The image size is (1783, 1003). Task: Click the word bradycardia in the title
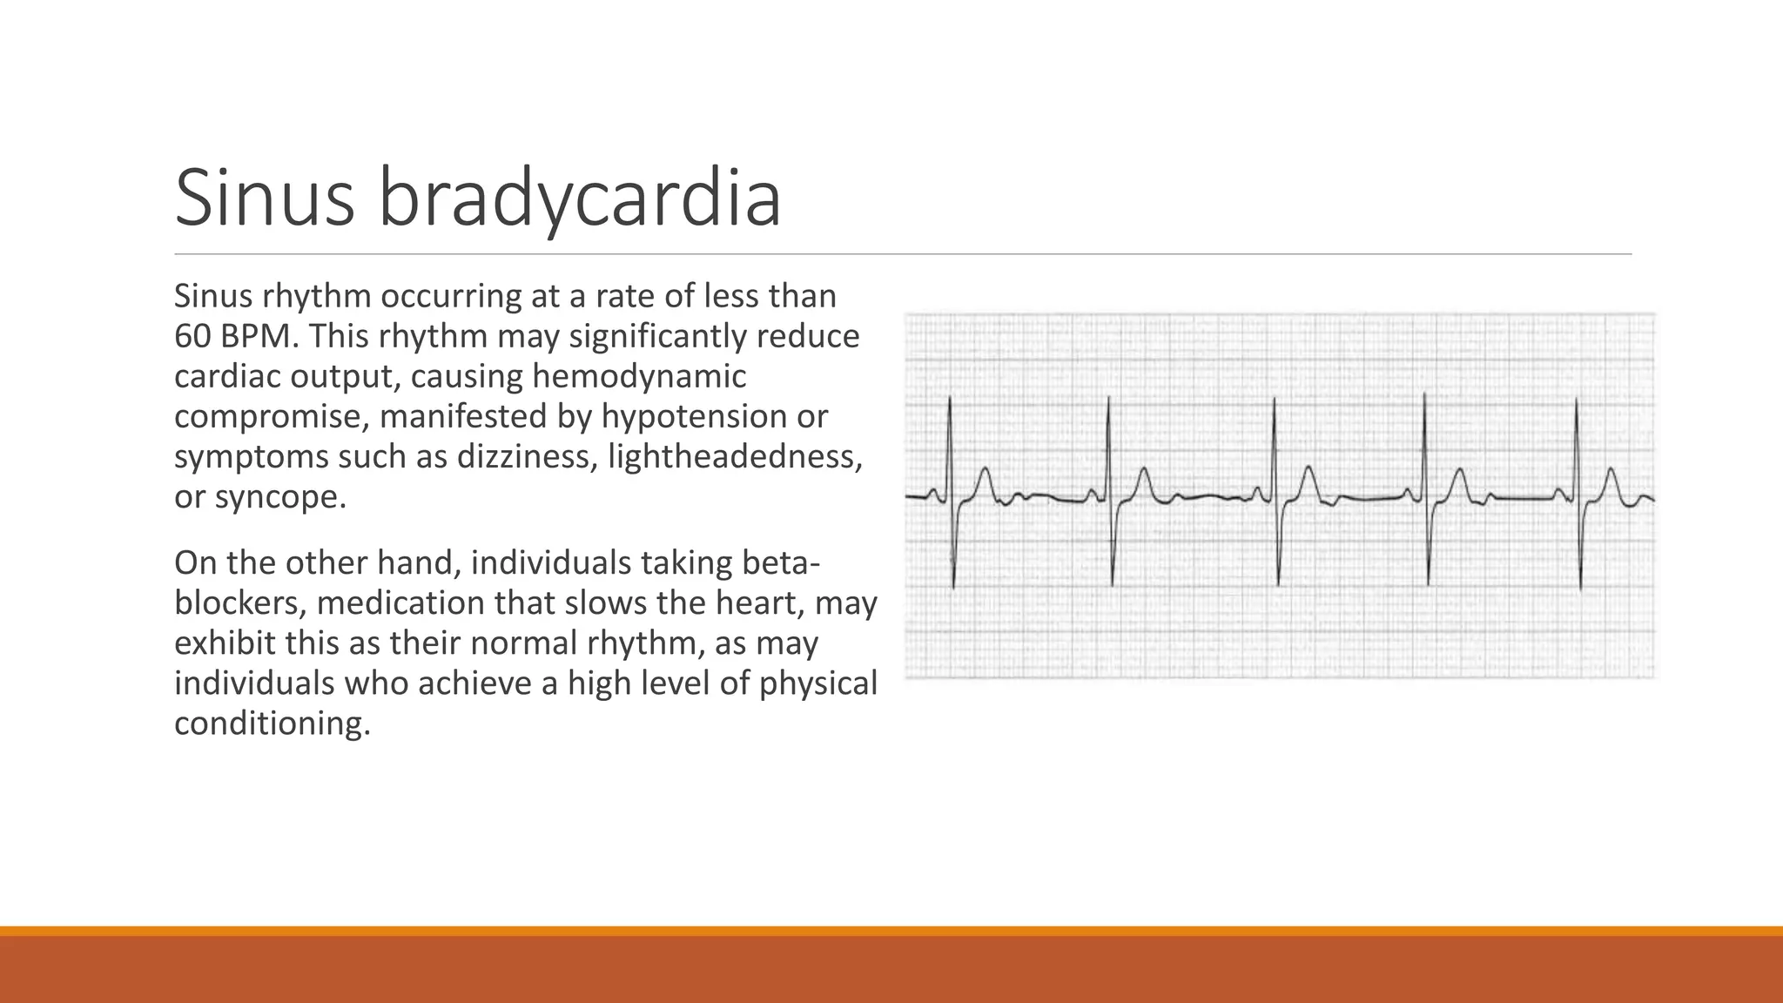click(579, 199)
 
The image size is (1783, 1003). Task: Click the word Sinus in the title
click(265, 199)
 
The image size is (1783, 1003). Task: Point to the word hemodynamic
click(639, 376)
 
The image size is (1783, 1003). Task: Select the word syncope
click(280, 496)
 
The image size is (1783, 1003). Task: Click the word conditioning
click(272, 724)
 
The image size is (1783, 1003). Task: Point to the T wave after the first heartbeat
click(985, 475)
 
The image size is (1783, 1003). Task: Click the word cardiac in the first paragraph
click(226, 376)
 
